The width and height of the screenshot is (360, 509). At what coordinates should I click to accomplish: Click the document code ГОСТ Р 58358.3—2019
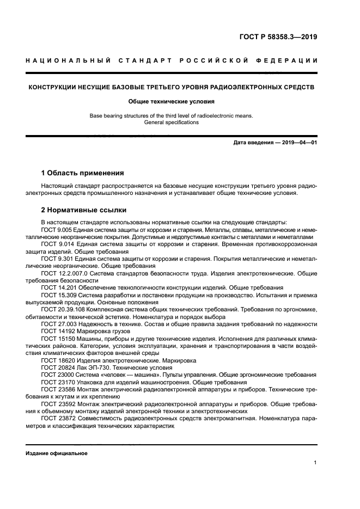coord(278,38)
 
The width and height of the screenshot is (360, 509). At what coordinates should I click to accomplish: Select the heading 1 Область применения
coord(82,173)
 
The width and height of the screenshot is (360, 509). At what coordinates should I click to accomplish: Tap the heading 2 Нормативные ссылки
coord(84,210)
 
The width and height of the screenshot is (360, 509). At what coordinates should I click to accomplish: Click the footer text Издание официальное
coord(57,453)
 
